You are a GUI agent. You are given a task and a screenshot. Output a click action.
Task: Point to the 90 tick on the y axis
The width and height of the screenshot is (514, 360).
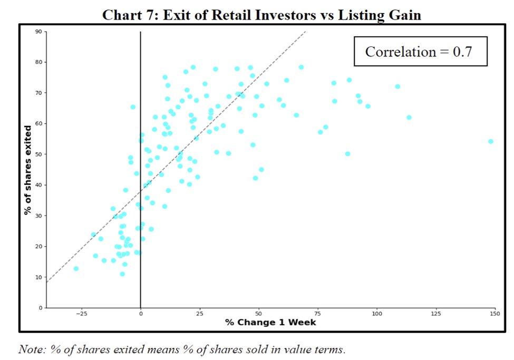38,32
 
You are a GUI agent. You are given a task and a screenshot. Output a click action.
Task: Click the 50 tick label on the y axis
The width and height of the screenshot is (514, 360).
38,154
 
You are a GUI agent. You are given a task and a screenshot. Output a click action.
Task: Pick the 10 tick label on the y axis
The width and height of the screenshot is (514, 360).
38,277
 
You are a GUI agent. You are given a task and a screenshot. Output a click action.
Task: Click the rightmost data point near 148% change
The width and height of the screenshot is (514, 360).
490,141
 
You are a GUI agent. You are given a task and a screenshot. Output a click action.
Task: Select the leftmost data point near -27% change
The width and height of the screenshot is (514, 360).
76,269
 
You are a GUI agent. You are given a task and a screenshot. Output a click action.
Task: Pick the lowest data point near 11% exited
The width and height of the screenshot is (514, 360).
122,274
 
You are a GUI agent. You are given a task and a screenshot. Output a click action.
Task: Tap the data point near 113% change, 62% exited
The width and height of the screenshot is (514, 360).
409,118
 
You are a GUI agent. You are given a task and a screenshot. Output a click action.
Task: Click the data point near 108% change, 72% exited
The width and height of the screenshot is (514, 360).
397,86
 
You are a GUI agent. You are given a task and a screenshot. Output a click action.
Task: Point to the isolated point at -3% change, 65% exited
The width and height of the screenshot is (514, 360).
133,107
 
